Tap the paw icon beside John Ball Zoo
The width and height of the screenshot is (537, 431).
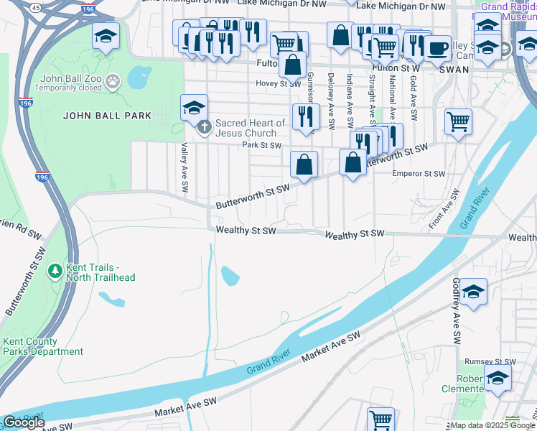coord(112,82)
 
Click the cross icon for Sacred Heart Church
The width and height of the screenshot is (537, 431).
coord(204,129)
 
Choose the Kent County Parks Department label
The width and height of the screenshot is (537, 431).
coord(43,347)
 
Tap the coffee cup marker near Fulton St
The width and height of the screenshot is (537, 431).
coord(437,49)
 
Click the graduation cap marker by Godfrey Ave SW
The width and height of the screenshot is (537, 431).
coord(473,292)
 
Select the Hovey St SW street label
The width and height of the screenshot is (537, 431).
coord(278,83)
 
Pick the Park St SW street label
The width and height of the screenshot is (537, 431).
coord(261,145)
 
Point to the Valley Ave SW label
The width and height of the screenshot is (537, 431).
coord(185,167)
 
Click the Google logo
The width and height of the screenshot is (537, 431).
coord(24,422)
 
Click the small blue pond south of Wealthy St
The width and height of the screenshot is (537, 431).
coord(230,275)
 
